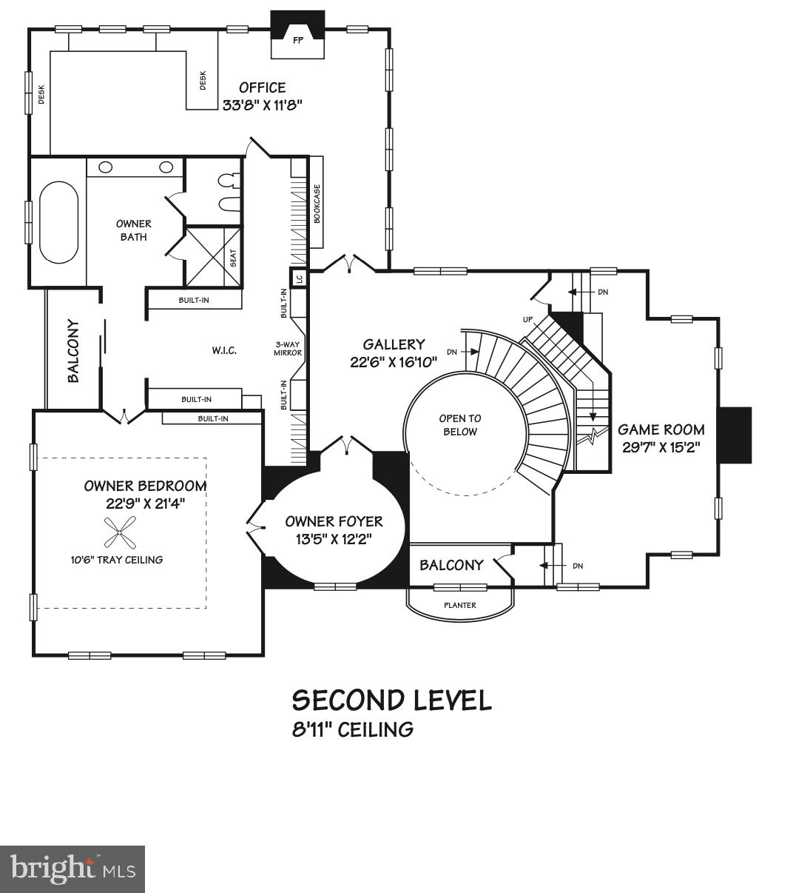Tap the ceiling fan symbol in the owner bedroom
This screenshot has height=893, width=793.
pos(120,531)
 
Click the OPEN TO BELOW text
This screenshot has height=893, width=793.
pos(459,425)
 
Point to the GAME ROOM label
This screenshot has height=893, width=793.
pos(661,429)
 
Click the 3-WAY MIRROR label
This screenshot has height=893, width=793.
pos(288,349)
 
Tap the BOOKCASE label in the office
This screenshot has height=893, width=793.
pos(317,203)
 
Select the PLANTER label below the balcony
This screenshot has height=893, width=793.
pos(459,605)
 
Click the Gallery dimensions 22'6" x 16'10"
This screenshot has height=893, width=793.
pos(394,362)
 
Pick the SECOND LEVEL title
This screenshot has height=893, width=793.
pos(391,700)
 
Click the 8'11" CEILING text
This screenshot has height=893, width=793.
pos(353,729)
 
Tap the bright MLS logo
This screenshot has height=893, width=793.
pos(72,869)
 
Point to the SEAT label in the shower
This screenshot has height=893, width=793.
pos(233,257)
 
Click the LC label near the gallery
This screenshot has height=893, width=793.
pos(299,278)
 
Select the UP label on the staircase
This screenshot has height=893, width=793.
pos(527,319)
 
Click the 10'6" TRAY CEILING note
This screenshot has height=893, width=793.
pos(112,560)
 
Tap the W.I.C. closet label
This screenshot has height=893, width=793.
pos(223,350)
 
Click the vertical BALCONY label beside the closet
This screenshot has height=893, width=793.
pos(73,350)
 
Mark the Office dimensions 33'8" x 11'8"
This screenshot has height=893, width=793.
pos(263,105)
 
